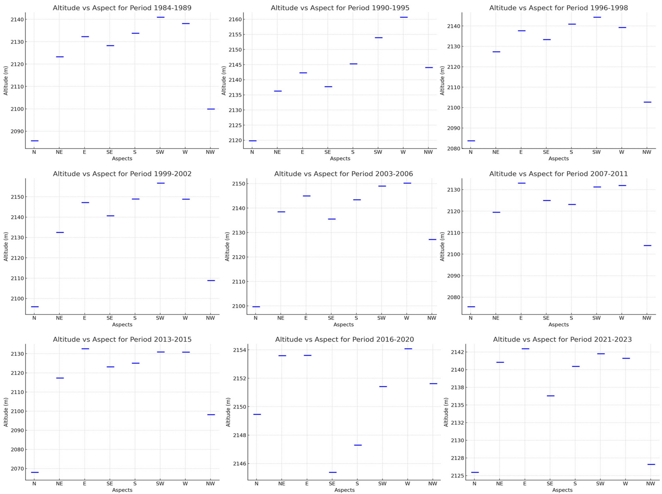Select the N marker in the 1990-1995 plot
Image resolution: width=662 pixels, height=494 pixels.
[x=253, y=141]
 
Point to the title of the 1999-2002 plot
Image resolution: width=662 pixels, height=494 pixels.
[x=122, y=174]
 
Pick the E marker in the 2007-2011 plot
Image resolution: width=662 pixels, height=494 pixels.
[x=522, y=183]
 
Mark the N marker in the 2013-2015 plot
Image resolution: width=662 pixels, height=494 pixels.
[x=35, y=472]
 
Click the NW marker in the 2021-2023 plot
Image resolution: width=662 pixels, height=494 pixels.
[x=651, y=464]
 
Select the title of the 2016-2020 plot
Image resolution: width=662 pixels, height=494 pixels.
[x=344, y=339]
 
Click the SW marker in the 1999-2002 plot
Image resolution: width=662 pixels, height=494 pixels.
[x=161, y=183]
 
